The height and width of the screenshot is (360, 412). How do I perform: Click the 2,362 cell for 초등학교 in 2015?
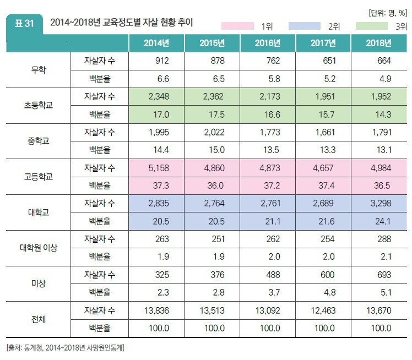click(212, 96)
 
